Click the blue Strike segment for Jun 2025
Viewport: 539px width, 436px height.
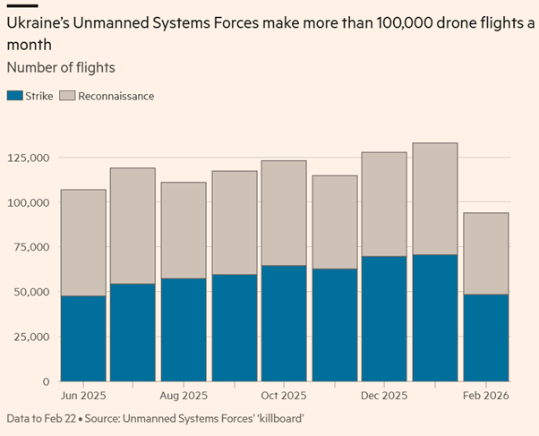pos(82,338)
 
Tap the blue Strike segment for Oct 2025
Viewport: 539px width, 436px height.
pos(284,323)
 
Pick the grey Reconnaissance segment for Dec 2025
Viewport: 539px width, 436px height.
pos(385,204)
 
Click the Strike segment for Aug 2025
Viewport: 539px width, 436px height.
pos(184,329)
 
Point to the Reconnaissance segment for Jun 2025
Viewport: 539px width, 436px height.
pos(82,243)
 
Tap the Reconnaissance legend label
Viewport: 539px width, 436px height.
pos(115,96)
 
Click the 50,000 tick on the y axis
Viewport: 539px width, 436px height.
pos(30,292)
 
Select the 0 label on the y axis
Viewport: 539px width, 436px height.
pos(46,381)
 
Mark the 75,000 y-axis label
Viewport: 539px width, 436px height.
pos(30,247)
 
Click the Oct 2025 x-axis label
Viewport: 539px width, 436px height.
pos(284,395)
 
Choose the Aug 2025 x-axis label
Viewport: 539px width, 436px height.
pos(184,395)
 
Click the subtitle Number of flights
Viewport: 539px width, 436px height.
pos(60,67)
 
